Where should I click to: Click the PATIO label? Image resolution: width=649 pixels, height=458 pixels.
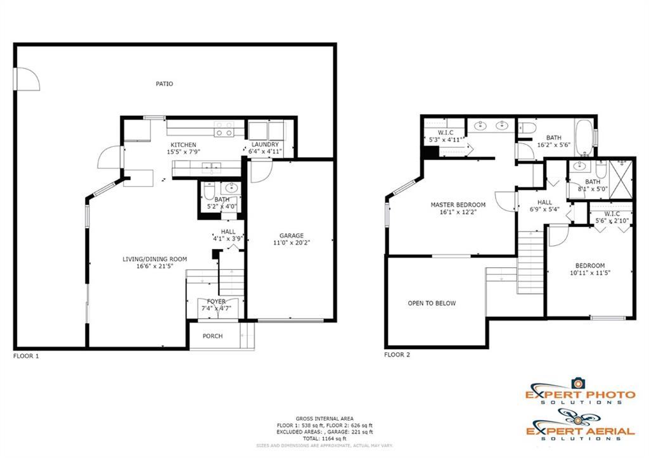(164, 84)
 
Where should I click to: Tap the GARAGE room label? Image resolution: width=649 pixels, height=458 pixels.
(292, 236)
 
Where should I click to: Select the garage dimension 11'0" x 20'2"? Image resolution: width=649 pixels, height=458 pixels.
(292, 243)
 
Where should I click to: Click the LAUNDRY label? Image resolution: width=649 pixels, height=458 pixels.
(265, 144)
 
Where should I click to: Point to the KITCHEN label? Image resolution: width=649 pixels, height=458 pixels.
(183, 145)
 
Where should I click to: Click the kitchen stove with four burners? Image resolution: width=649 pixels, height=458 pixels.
(224, 129)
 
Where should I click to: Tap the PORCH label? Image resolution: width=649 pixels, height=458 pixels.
(212, 336)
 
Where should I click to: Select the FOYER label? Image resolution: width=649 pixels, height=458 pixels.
(216, 302)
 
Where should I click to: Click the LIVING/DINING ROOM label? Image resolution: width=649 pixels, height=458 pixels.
(155, 259)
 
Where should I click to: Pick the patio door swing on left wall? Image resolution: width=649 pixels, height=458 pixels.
(27, 79)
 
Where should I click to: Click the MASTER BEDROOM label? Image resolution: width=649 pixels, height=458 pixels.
(458, 205)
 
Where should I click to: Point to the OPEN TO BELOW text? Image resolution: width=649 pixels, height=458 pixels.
(432, 303)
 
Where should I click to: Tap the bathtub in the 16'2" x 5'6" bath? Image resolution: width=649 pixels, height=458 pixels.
(584, 137)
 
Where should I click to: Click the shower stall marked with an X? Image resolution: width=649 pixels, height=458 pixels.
(621, 180)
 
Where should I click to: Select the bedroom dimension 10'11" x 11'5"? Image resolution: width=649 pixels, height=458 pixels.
(590, 272)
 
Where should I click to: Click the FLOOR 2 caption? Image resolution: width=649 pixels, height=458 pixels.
(397, 355)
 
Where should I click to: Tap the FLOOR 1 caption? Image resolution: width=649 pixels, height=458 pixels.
(26, 356)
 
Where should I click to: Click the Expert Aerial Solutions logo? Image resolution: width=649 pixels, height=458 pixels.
(581, 424)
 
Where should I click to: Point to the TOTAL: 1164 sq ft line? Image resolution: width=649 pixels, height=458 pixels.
(324, 438)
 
